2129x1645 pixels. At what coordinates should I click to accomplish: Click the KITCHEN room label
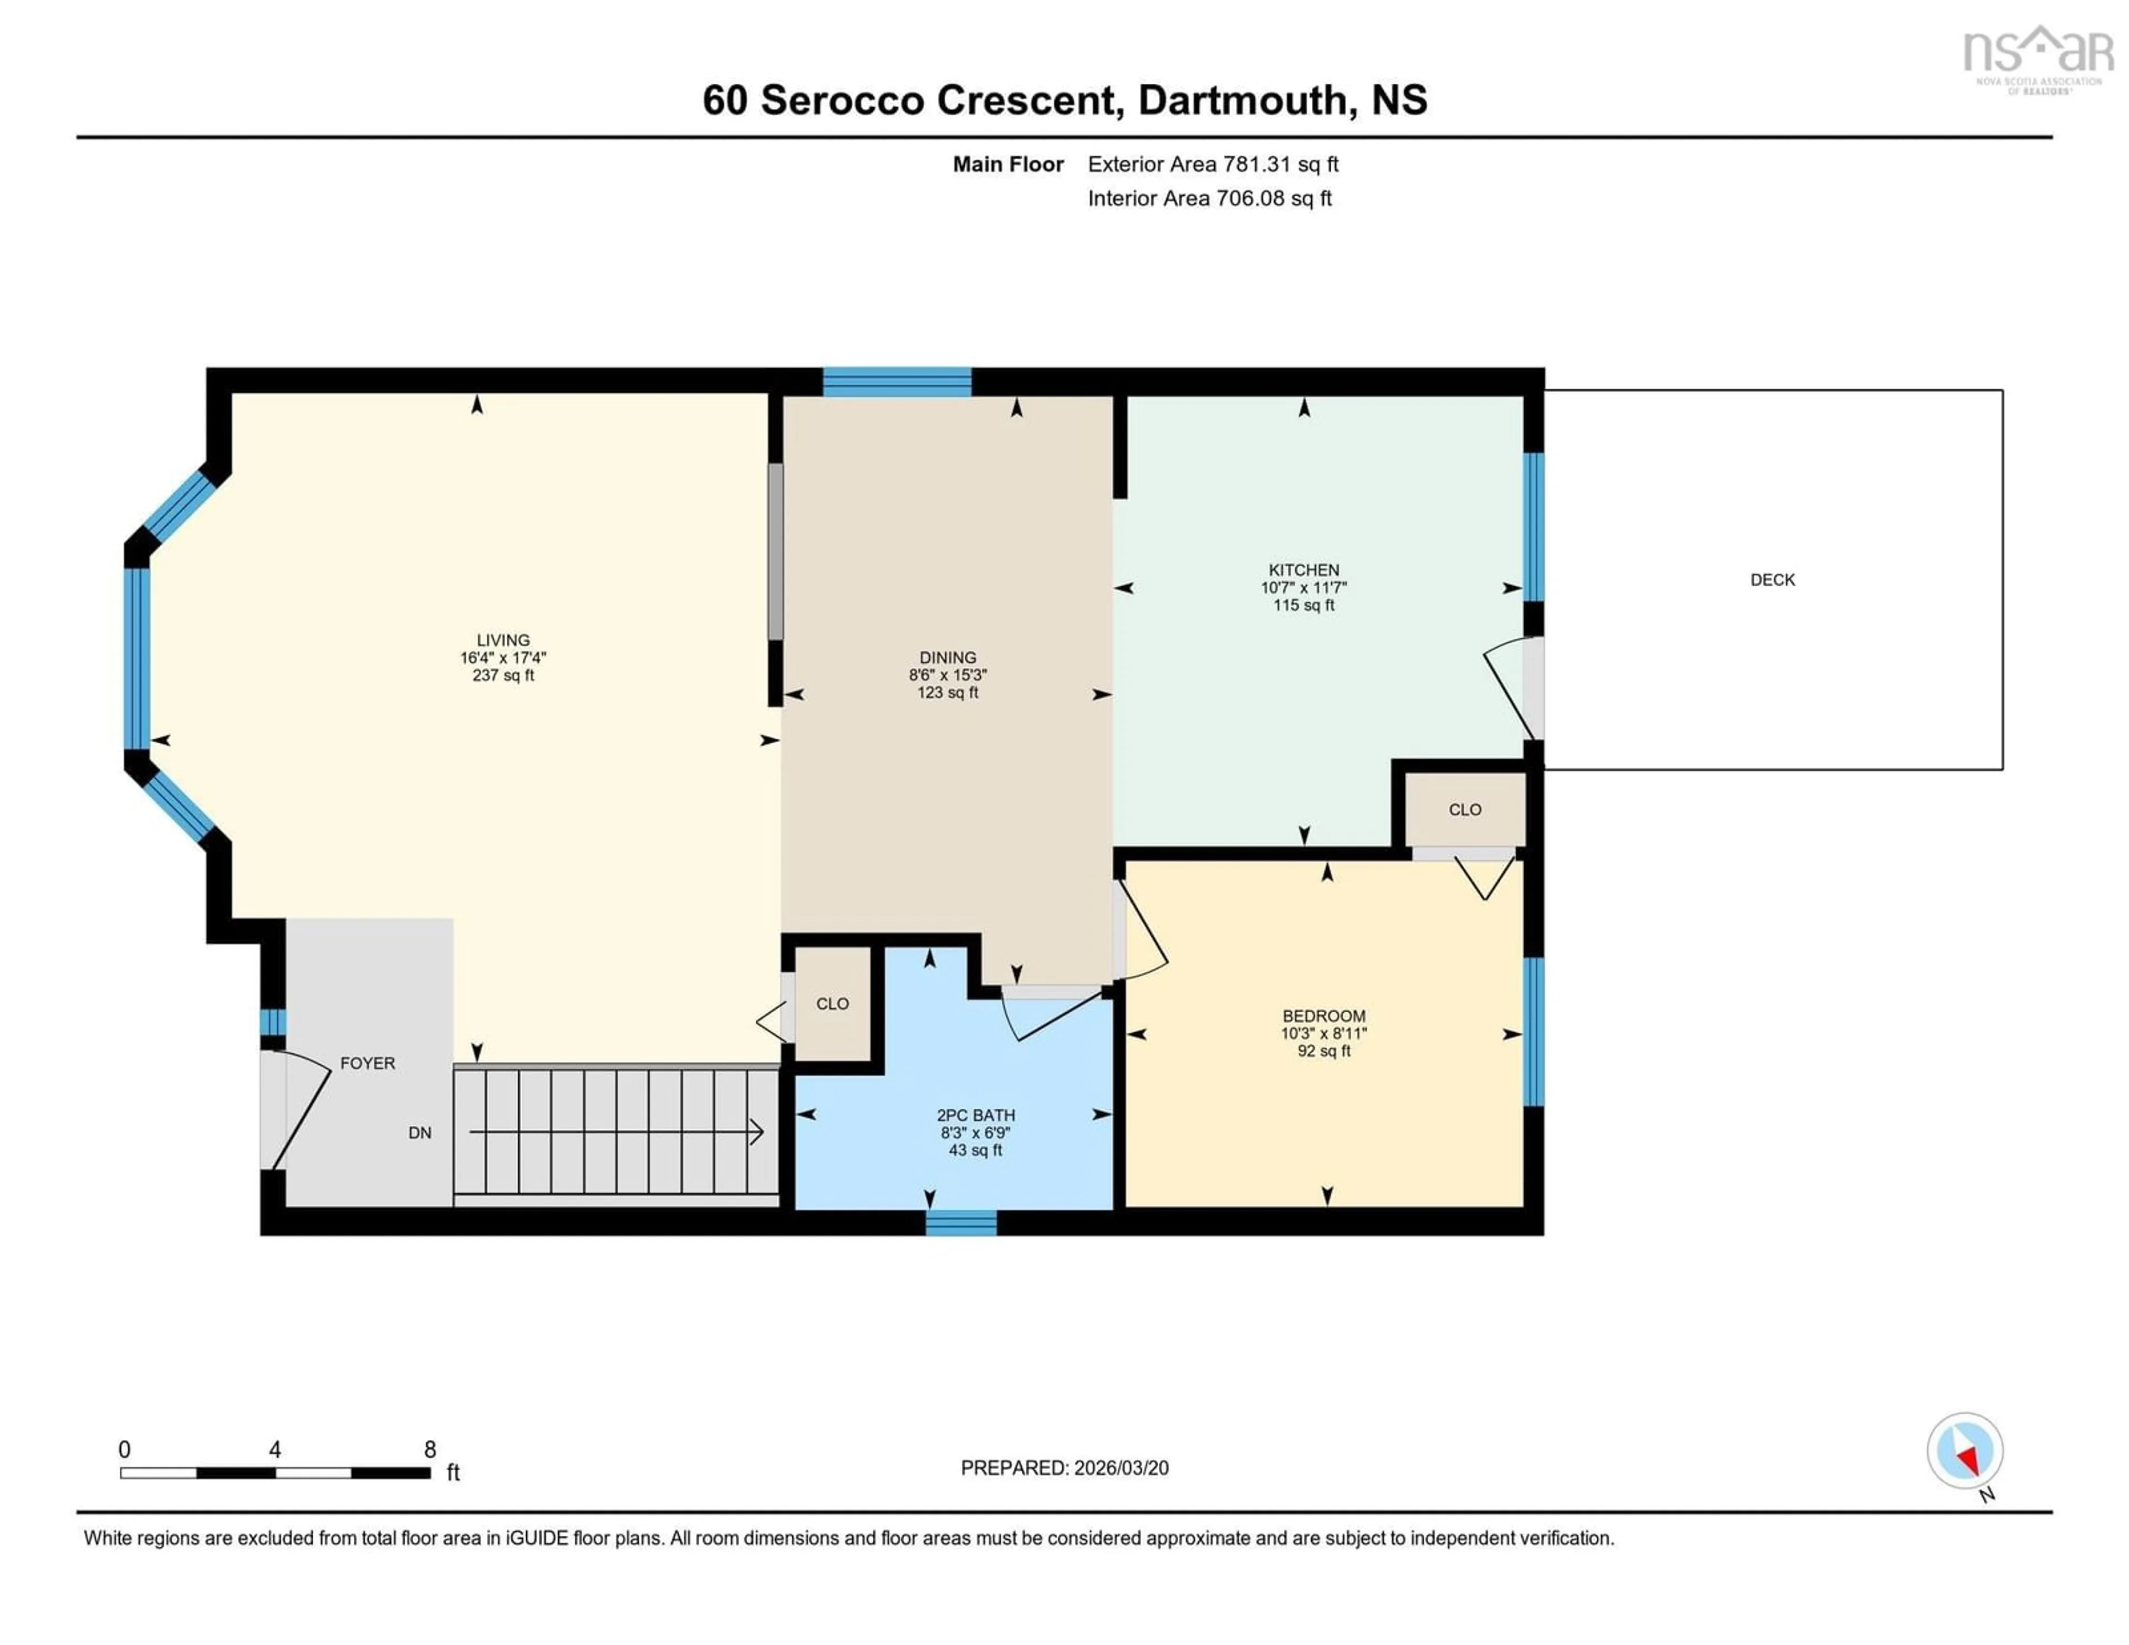click(x=1303, y=570)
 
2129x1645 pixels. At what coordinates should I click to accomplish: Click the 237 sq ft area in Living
click(x=503, y=675)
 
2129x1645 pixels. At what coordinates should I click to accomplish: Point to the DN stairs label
click(x=419, y=1132)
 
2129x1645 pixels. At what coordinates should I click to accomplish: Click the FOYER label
click(x=368, y=1063)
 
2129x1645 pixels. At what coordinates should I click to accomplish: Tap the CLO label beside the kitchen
click(x=1464, y=809)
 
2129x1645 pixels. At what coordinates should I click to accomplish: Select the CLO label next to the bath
click(x=832, y=1003)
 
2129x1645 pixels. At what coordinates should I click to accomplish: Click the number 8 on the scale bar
click(x=430, y=1449)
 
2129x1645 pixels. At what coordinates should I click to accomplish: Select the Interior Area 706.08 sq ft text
click(x=1209, y=198)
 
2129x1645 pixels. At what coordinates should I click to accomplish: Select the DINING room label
click(x=946, y=657)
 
